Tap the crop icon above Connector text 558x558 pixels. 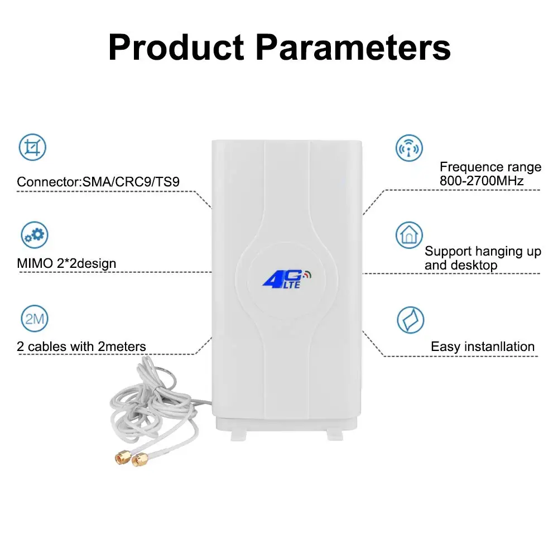tap(33, 148)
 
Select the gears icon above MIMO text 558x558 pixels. tap(35, 234)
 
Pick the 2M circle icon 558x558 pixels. tap(35, 319)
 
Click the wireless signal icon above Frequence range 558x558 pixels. tap(409, 148)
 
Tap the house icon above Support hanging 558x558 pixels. tap(409, 235)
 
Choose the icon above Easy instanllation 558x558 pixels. tap(410, 320)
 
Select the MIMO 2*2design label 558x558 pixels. tap(67, 263)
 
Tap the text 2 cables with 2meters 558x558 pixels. tap(81, 347)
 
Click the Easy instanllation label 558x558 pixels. tap(483, 347)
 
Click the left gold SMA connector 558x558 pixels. tap(119, 458)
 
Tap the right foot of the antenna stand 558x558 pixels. tap(334, 434)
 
